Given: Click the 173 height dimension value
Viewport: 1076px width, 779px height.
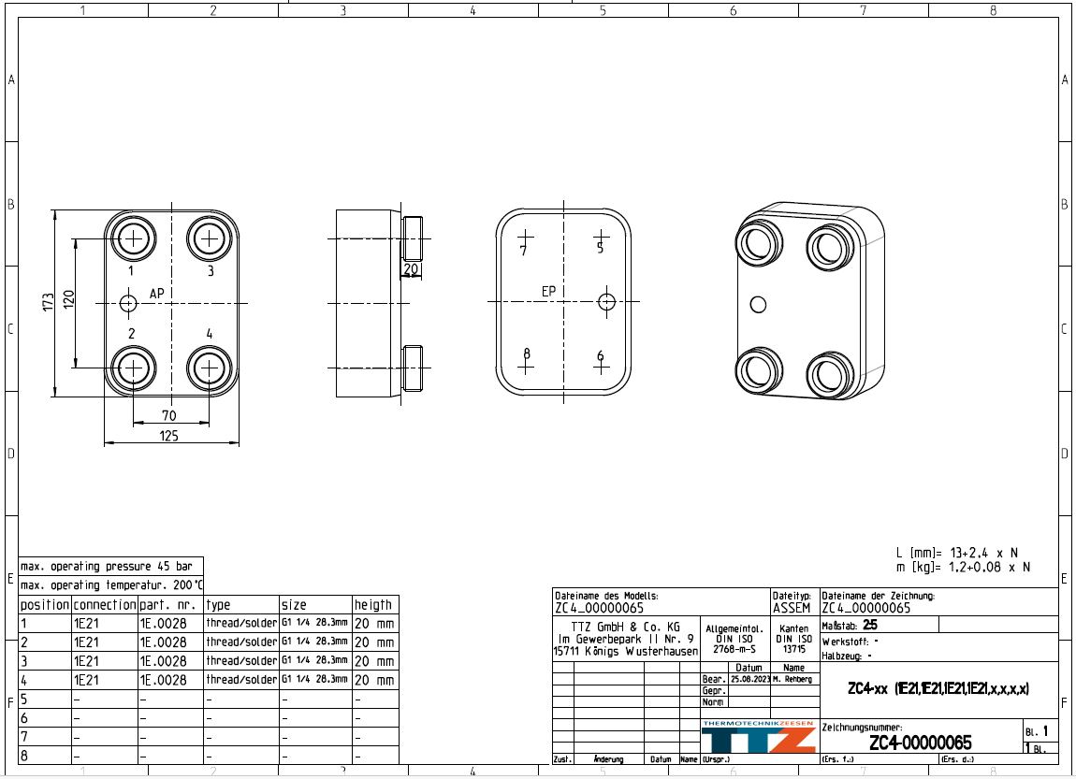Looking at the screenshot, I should click(x=48, y=302).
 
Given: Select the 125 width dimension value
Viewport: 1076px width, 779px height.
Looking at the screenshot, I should click(x=169, y=436).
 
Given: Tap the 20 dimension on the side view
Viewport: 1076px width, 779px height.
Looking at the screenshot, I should click(x=411, y=269).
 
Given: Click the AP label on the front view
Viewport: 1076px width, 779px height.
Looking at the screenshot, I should click(x=157, y=294).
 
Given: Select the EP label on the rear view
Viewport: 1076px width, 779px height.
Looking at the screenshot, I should click(x=549, y=292).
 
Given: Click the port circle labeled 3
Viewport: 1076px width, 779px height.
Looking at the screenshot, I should click(x=210, y=239).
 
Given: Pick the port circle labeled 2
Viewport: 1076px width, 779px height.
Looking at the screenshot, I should click(x=133, y=368).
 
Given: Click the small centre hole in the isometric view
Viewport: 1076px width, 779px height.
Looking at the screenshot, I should click(x=759, y=304).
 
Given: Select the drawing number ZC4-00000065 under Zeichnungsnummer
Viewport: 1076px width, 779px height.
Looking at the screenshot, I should click(x=920, y=743).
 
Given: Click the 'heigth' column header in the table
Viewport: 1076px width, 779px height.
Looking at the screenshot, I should click(x=373, y=605).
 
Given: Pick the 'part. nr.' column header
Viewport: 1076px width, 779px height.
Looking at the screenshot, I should click(x=169, y=605).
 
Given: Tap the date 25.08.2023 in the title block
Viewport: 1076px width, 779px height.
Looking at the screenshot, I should click(x=749, y=679).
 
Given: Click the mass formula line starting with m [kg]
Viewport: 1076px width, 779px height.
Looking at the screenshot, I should click(x=963, y=567).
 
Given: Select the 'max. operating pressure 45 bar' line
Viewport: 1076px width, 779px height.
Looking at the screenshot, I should click(x=109, y=567).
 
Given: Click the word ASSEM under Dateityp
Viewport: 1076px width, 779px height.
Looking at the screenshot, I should click(x=792, y=608).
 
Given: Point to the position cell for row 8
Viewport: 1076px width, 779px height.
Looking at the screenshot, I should click(x=44, y=755).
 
